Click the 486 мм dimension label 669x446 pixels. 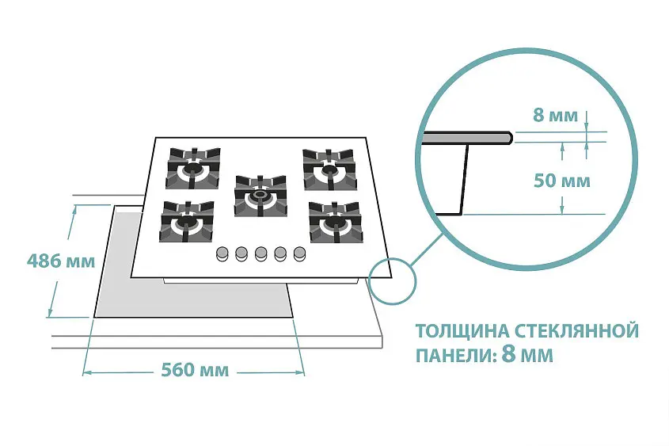tap(61, 261)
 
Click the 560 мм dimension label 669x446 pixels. tap(195, 370)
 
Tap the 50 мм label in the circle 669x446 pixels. tap(562, 181)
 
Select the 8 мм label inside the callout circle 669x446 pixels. tap(556, 115)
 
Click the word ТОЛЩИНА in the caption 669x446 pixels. tap(462, 331)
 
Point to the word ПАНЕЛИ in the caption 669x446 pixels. tap(453, 356)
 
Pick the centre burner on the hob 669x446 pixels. tap(260, 196)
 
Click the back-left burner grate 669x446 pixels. tap(193, 168)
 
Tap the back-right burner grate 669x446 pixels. tap(329, 170)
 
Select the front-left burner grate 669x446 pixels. tap(187, 222)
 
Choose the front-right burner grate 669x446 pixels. tap(336, 222)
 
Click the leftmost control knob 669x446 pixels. tap(222, 254)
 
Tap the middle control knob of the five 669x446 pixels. tap(260, 254)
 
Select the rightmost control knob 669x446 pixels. tap(299, 254)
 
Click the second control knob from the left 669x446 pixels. tap(241, 254)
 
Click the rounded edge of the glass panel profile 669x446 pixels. tap(507, 137)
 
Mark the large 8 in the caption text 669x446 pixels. tap(508, 354)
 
